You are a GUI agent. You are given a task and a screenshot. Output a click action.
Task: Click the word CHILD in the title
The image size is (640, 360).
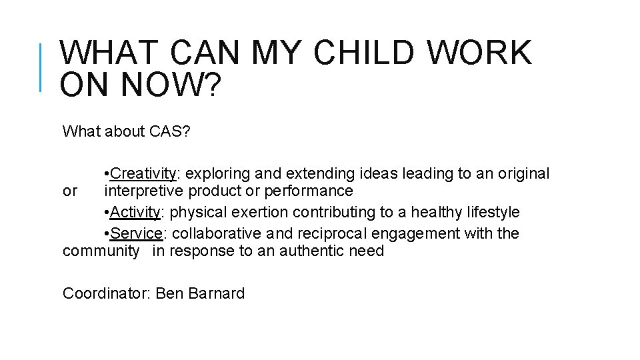[x=366, y=53]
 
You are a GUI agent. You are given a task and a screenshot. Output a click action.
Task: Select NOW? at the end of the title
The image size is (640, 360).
[x=169, y=86]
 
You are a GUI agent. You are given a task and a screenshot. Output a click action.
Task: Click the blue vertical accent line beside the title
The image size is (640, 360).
[x=41, y=67]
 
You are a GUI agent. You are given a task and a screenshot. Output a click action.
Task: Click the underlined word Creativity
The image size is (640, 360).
[x=143, y=174]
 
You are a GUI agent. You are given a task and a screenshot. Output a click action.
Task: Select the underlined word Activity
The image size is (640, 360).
[x=135, y=213]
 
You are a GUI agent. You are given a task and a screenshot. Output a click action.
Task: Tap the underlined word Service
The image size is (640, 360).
[x=137, y=233]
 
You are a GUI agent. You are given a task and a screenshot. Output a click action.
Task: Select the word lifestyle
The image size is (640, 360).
[x=494, y=213]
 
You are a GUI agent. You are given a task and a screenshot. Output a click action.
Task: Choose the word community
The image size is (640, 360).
[x=101, y=251]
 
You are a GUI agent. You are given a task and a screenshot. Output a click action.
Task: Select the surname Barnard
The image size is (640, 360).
[x=216, y=293]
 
